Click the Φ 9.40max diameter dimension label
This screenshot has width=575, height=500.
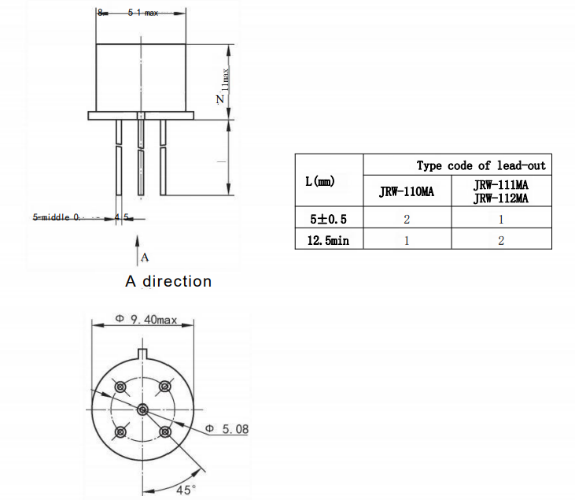click(146, 319)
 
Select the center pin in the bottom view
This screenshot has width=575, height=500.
click(142, 409)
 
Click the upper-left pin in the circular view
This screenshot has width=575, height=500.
click(120, 387)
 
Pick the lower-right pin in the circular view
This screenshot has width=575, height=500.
click(164, 431)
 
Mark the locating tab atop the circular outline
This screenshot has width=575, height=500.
click(142, 352)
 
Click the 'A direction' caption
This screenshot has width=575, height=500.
click(168, 281)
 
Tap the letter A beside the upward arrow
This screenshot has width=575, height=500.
click(145, 257)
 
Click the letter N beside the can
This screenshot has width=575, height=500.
click(220, 99)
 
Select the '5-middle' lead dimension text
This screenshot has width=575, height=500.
click(57, 217)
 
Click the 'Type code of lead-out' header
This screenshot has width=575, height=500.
click(481, 165)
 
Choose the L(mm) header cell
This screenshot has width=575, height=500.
click(319, 182)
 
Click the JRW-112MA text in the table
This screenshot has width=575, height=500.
click(500, 198)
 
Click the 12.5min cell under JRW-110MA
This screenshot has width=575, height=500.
click(407, 240)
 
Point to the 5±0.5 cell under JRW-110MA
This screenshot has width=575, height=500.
click(407, 218)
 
